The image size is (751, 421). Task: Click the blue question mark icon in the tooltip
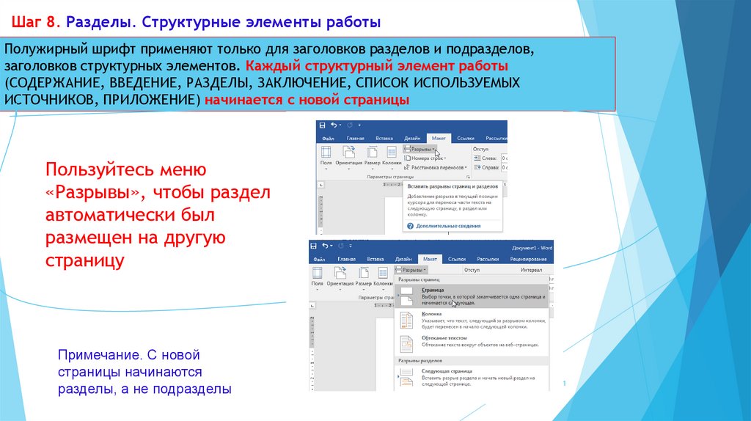[410, 226]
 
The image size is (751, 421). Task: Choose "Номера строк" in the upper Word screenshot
[428, 158]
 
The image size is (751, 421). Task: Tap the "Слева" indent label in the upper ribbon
[489, 158]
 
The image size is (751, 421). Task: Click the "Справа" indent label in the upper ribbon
[490, 167]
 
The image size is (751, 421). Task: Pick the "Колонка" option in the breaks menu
[432, 314]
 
